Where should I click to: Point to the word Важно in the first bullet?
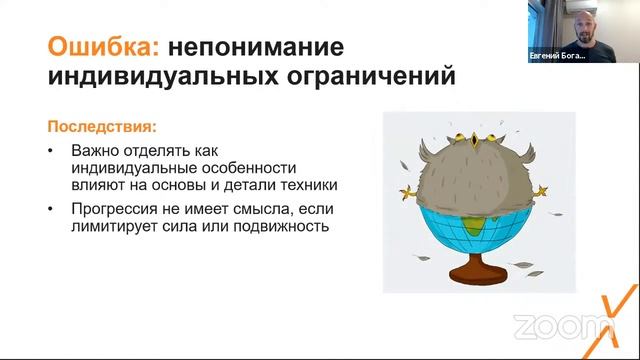92,151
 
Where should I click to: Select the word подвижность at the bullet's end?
288,227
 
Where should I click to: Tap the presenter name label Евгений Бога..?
557,57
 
